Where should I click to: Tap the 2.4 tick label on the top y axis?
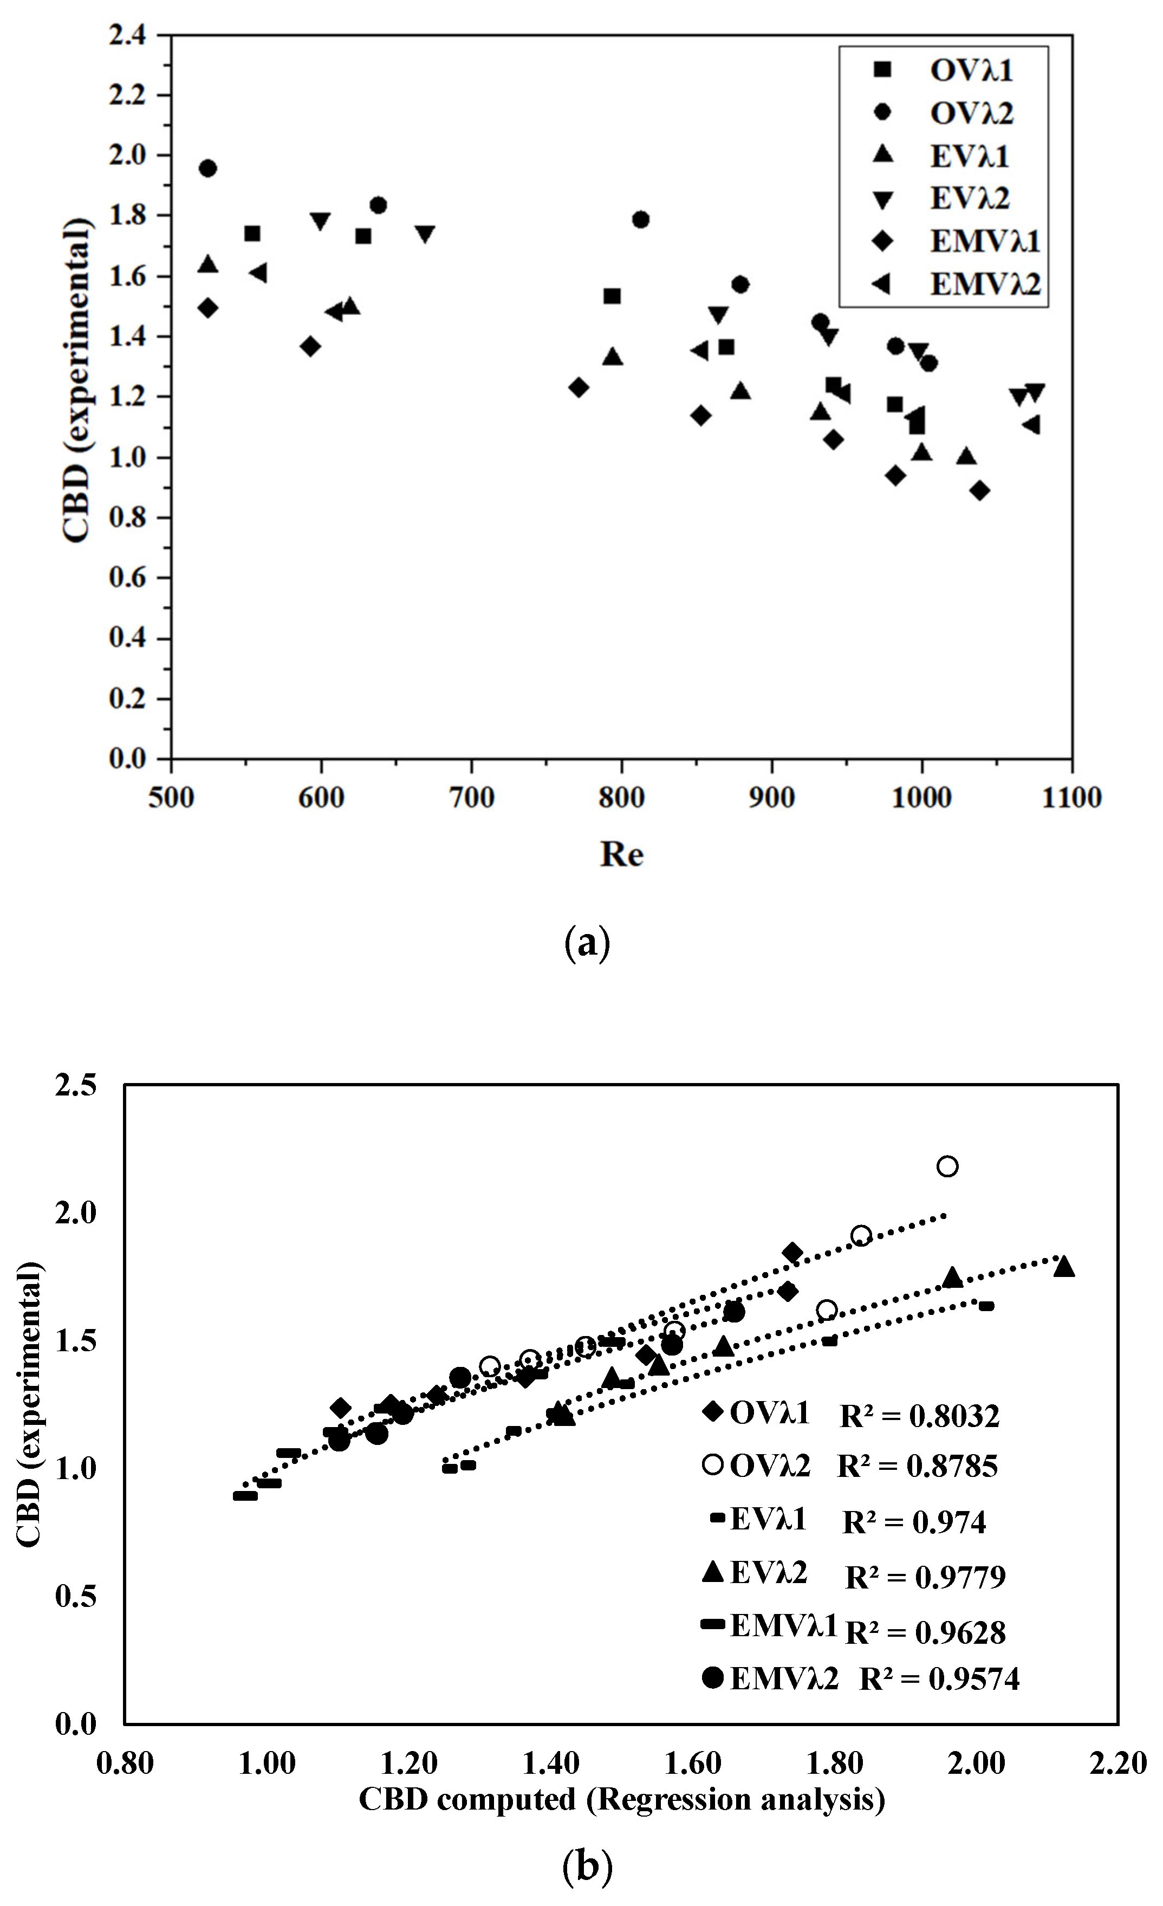point(128,36)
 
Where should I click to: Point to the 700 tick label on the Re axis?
point(471,798)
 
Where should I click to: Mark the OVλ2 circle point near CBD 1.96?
point(207,168)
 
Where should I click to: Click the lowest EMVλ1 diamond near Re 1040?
point(980,490)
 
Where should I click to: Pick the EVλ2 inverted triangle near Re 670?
point(425,234)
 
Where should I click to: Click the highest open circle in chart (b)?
point(947,1166)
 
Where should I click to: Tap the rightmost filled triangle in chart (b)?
point(1064,1266)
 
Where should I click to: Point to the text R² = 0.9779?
point(925,1577)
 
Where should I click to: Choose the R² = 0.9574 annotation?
point(939,1678)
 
